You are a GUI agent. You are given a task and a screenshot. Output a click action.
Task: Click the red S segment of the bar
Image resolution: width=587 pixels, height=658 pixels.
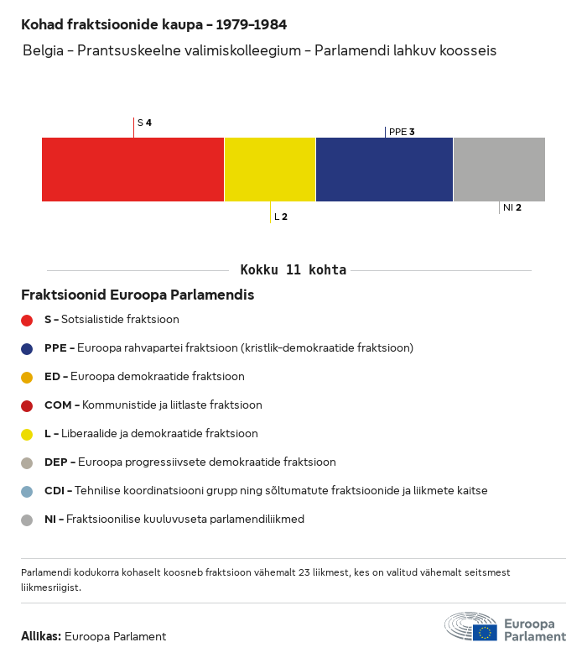(x=132, y=170)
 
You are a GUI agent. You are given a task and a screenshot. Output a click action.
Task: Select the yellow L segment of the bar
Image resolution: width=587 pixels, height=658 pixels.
(x=270, y=170)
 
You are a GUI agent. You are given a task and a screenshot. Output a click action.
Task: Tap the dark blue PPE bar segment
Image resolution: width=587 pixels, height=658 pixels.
(x=384, y=170)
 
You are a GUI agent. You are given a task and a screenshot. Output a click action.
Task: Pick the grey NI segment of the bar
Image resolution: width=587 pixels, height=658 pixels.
(x=499, y=170)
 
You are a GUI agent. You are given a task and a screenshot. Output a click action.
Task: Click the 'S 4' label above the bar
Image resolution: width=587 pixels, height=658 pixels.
(x=144, y=123)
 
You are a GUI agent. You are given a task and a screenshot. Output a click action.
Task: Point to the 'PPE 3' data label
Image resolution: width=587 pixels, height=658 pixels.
(x=402, y=132)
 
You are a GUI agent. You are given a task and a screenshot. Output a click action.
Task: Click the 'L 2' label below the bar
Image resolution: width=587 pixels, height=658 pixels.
(x=281, y=217)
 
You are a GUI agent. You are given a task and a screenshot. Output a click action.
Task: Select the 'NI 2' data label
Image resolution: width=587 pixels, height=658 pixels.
(x=512, y=207)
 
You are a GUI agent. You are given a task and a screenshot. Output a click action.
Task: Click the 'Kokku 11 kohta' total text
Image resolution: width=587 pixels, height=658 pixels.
(x=293, y=270)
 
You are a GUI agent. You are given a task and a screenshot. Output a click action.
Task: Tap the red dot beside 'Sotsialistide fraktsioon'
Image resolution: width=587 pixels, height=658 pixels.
(x=27, y=320)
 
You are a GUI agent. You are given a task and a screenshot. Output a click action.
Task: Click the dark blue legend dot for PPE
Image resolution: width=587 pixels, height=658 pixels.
(x=27, y=348)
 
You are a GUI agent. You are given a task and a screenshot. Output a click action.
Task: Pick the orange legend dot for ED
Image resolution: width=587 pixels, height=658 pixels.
(x=27, y=377)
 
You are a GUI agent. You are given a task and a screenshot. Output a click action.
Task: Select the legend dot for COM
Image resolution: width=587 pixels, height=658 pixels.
(x=27, y=405)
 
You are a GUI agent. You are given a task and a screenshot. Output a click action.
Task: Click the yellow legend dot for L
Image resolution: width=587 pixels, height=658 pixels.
(x=27, y=434)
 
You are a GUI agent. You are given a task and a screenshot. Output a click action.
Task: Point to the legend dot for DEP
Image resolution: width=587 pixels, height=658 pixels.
(x=27, y=462)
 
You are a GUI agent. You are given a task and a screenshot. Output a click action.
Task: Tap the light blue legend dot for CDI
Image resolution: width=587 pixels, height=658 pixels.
(x=27, y=491)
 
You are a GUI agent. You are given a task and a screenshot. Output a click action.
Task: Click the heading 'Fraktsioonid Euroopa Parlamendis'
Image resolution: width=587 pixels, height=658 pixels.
(x=138, y=295)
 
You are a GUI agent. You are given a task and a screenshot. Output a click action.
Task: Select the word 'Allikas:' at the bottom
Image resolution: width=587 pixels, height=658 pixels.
(x=41, y=636)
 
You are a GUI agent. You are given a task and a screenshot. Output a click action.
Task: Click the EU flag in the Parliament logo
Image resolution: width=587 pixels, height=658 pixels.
(x=485, y=632)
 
